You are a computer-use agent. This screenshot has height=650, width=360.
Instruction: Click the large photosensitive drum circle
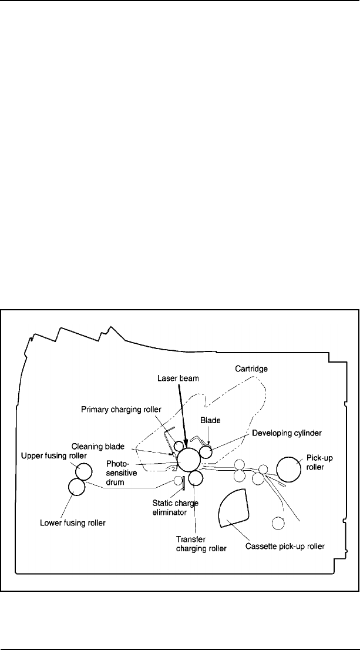tap(189, 460)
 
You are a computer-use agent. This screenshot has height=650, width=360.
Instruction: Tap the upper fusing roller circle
tap(83, 471)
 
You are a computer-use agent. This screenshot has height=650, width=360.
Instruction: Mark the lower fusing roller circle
tap(77, 487)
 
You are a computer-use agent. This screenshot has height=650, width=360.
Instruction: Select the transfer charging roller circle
tap(196, 480)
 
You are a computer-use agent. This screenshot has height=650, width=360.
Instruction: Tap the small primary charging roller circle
tap(179, 445)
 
